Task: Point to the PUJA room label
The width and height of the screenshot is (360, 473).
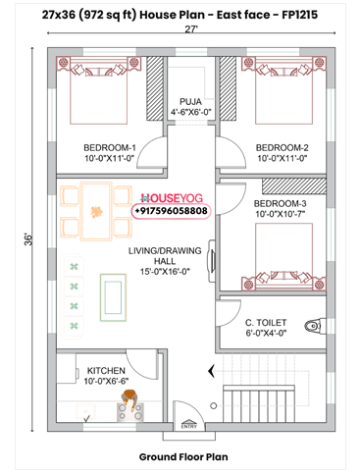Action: (189, 101)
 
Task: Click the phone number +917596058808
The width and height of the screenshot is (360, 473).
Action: (170, 211)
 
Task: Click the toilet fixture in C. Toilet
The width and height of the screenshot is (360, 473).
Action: (312, 325)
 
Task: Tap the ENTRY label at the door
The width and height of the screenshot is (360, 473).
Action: (188, 425)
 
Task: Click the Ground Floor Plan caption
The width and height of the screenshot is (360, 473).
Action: (183, 456)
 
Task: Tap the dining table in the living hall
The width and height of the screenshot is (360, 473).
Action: (97, 211)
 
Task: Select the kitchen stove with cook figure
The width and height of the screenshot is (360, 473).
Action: (129, 403)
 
